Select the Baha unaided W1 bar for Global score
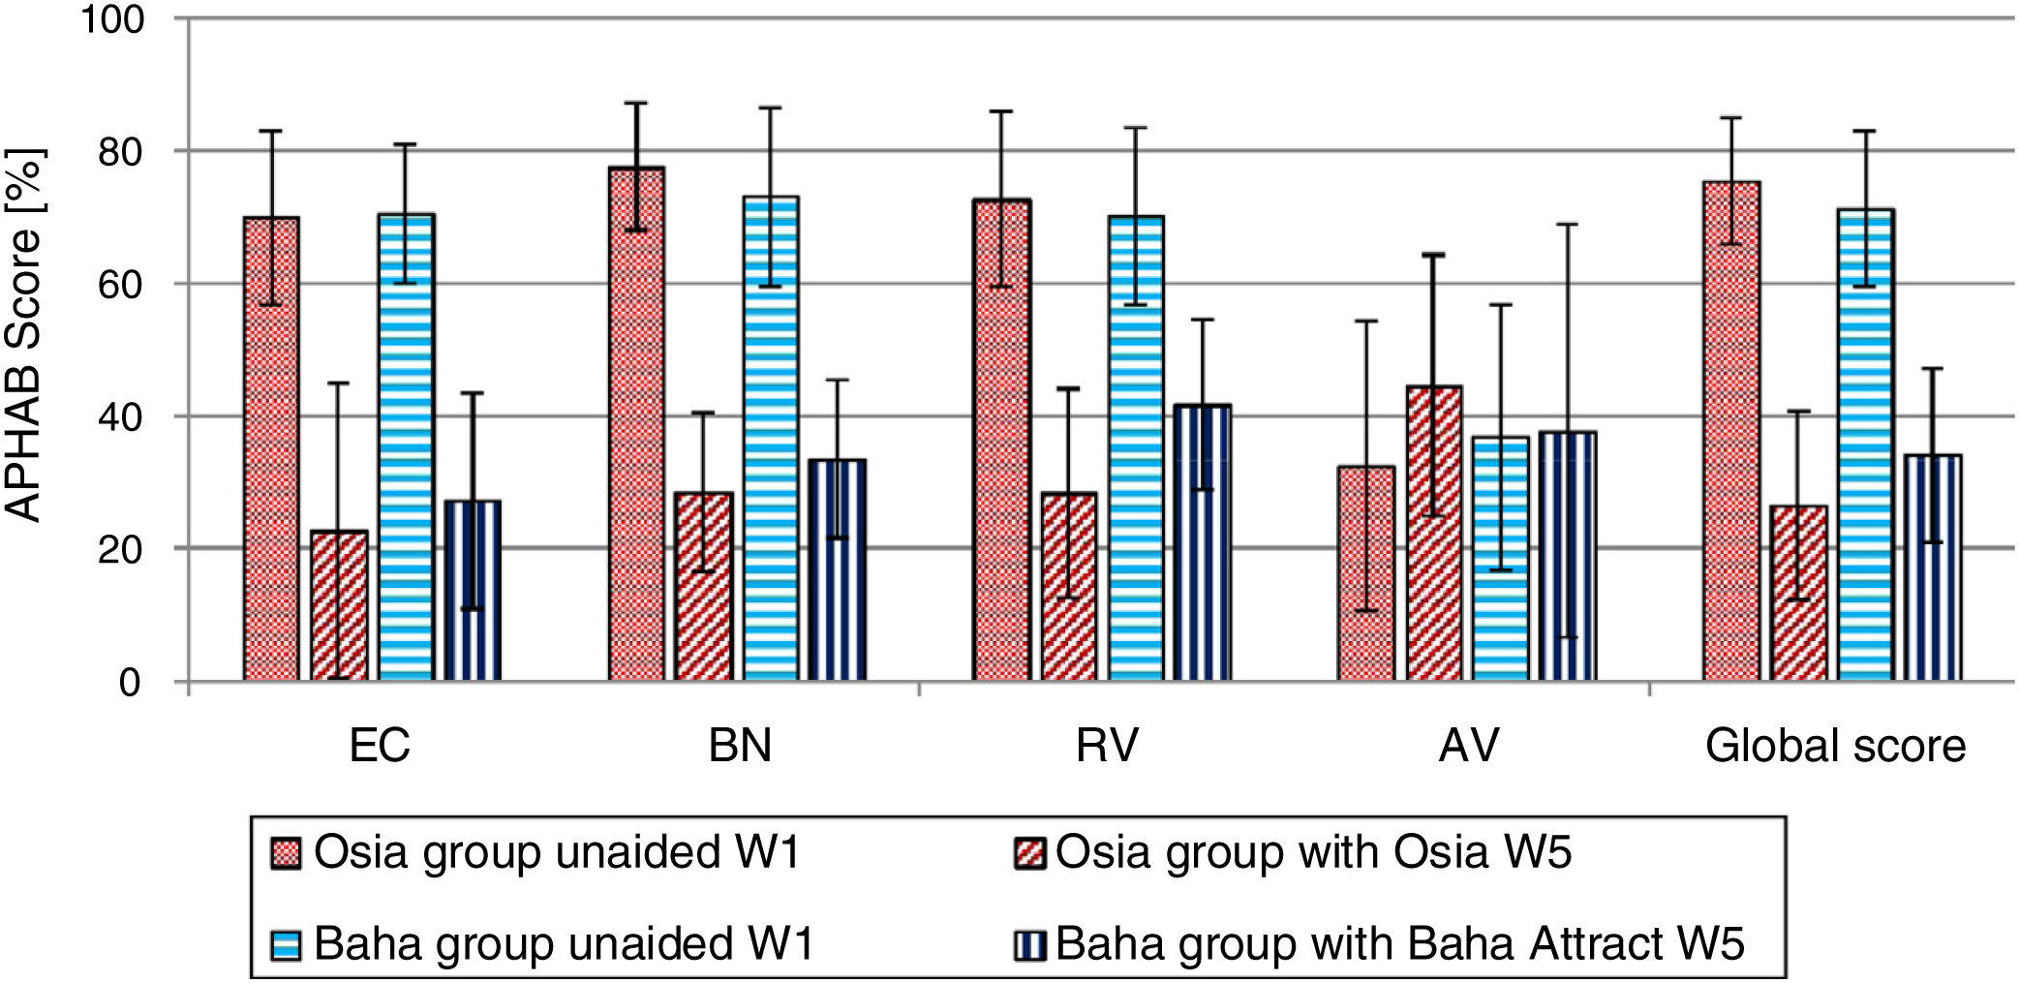pos(1865,445)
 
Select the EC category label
pos(380,746)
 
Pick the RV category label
pos(1107,746)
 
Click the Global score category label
pos(1835,746)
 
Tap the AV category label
pos(1469,746)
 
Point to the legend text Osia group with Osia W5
pos(1313,852)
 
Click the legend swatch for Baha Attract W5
pos(1029,943)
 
